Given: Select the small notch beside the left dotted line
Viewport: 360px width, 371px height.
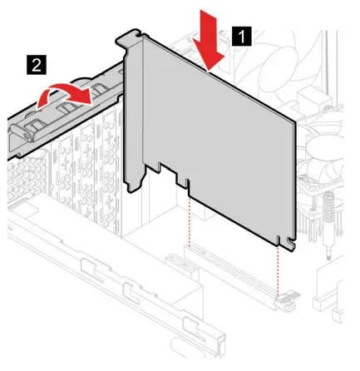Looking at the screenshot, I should click(x=185, y=181).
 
